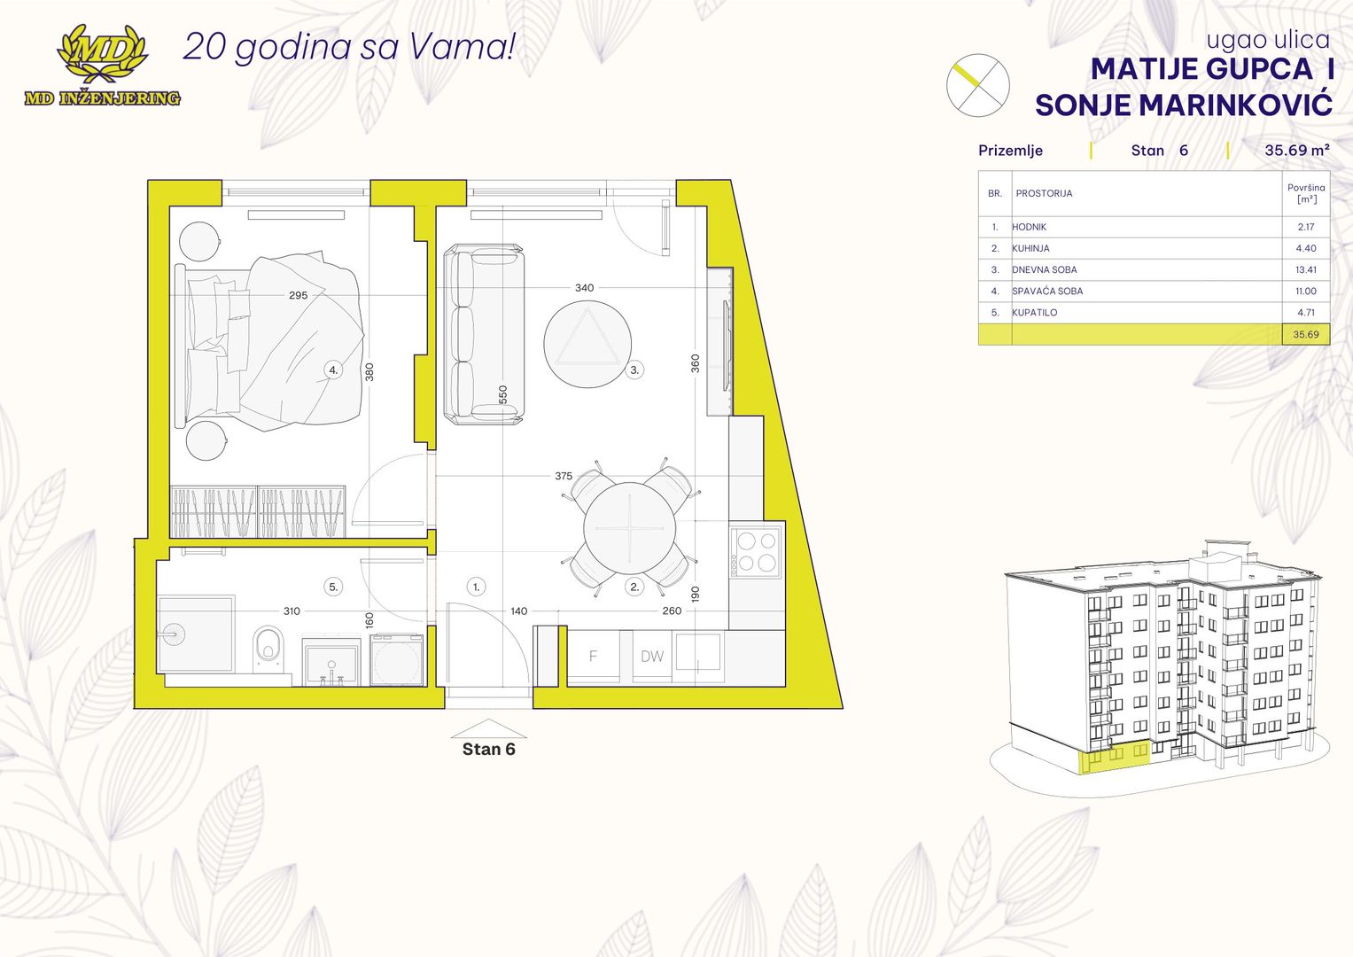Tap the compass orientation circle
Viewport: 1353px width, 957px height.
(x=977, y=85)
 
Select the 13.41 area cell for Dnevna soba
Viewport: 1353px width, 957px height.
(x=1305, y=269)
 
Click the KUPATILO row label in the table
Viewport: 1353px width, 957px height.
(x=1035, y=312)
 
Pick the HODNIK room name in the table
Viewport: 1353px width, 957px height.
(x=1030, y=227)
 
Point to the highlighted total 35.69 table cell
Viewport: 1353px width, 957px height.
(x=1305, y=334)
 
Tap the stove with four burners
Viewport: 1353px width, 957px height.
(x=757, y=551)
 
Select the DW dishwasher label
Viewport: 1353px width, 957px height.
(x=652, y=657)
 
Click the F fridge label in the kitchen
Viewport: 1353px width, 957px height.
(x=593, y=656)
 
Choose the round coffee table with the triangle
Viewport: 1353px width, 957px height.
(x=587, y=344)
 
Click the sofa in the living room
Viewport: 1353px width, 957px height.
(x=483, y=334)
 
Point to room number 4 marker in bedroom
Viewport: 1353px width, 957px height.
(x=333, y=370)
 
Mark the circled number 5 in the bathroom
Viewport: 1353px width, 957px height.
(x=333, y=587)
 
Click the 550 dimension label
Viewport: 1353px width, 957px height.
(x=503, y=394)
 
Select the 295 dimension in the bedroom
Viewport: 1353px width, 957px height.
(x=299, y=295)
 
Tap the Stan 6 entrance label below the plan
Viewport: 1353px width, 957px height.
(x=488, y=749)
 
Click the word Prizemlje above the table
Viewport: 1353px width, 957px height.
(x=1010, y=151)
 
